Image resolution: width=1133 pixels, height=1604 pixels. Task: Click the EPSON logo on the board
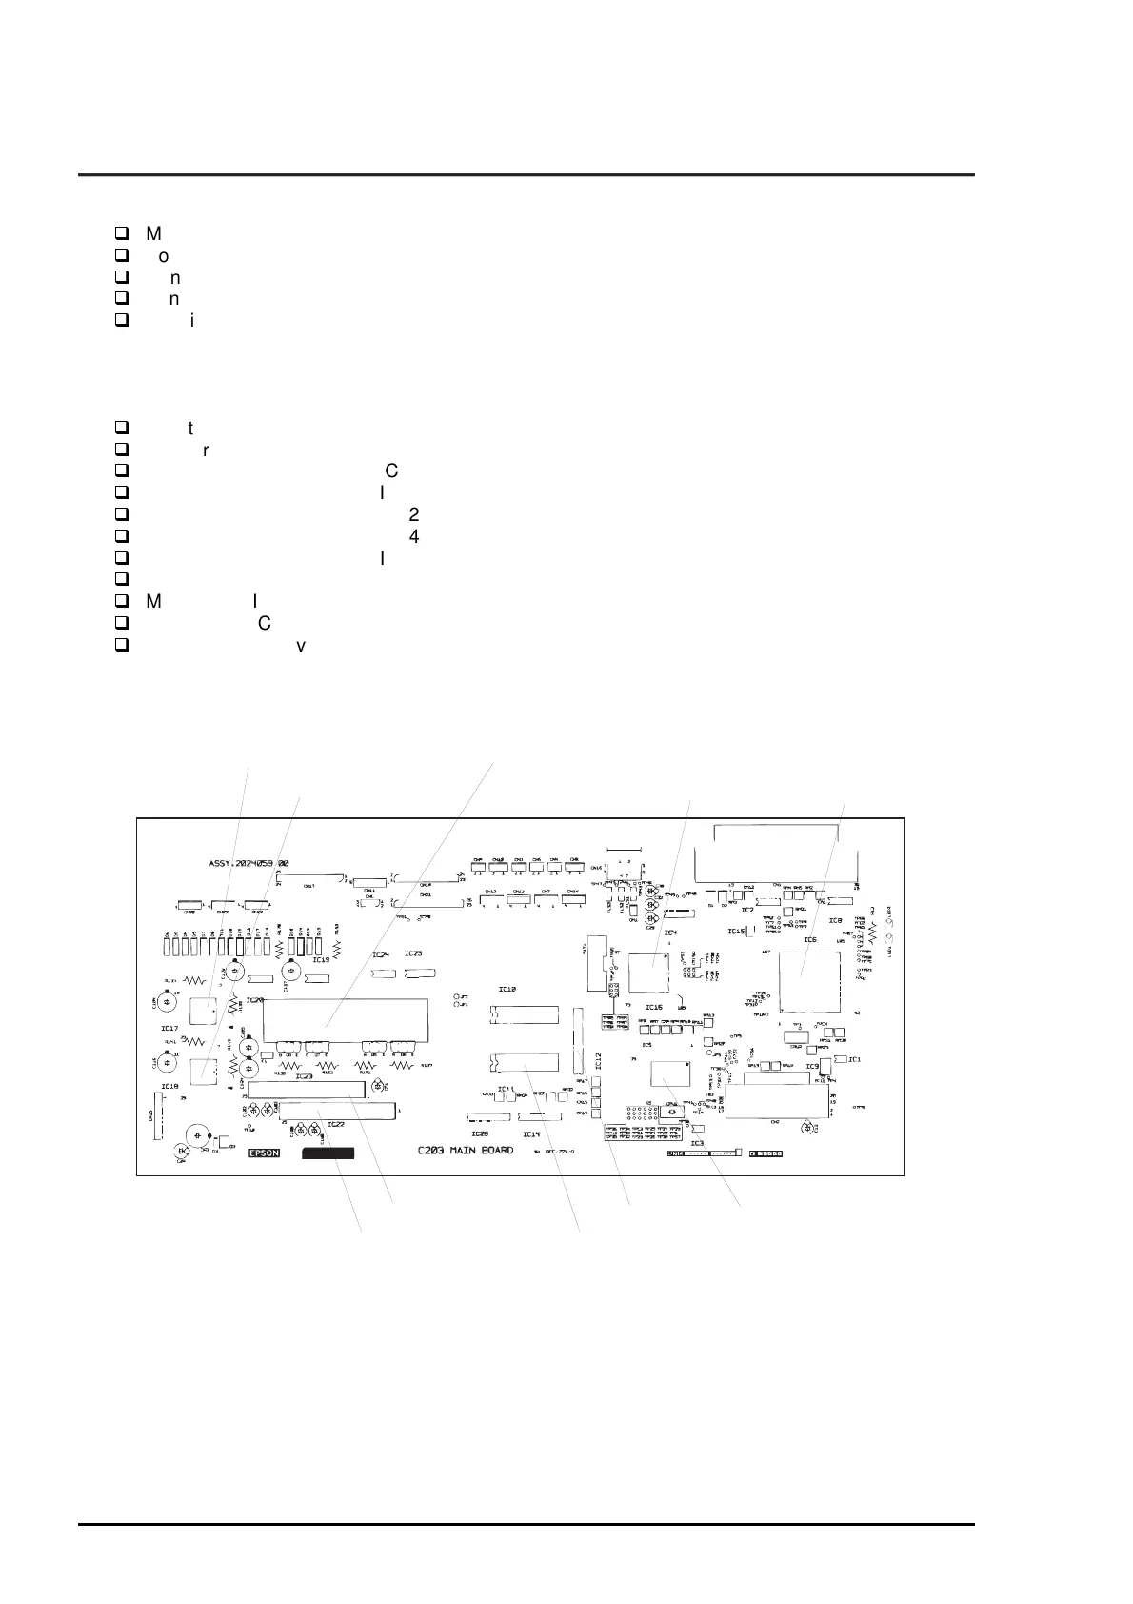[265, 1153]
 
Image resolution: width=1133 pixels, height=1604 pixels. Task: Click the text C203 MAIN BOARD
[466, 1150]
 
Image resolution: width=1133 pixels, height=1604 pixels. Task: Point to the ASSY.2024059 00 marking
[248, 863]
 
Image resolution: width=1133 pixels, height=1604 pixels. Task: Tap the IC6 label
[809, 940]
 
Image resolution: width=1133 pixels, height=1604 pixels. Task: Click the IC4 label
[670, 932]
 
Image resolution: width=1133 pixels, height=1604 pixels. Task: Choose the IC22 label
[335, 1124]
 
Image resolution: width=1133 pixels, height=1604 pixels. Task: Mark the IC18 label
[169, 1086]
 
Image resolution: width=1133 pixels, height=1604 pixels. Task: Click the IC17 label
[169, 1028]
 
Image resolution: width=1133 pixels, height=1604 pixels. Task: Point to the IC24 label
[380, 954]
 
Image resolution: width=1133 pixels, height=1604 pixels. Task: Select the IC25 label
[412, 954]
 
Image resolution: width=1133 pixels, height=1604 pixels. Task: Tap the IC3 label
[697, 1142]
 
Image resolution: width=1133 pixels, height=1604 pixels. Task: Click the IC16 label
[653, 1006]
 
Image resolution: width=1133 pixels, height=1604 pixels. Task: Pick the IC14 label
[530, 1134]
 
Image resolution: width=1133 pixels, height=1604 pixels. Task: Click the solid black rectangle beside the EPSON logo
[328, 1153]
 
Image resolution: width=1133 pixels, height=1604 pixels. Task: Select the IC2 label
[747, 910]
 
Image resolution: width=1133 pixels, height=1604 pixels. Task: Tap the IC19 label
[320, 959]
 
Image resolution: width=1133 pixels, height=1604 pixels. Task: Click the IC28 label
[480, 1134]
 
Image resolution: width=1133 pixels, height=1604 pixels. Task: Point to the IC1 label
[854, 1059]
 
